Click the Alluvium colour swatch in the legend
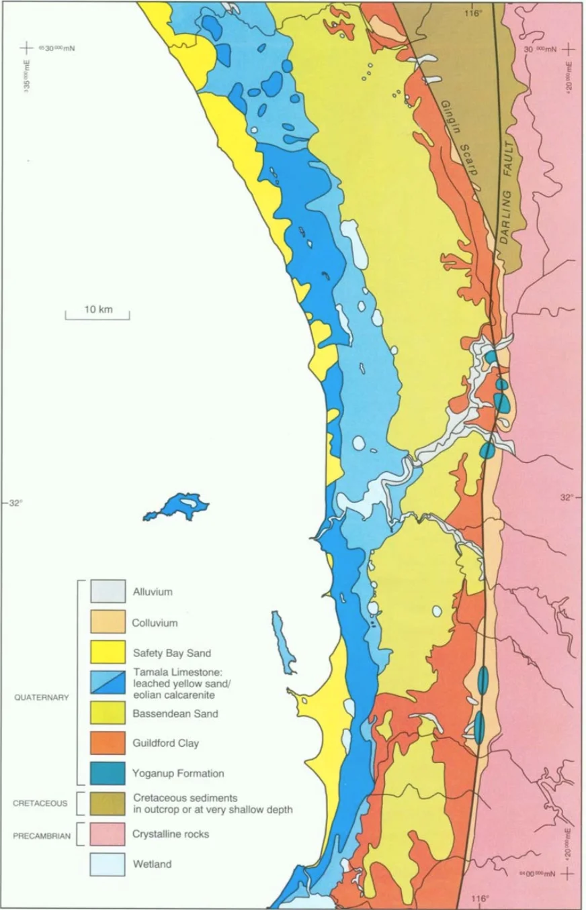(x=108, y=591)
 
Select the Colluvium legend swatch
(x=108, y=621)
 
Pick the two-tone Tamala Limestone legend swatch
(x=108, y=682)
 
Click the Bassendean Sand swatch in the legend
(x=108, y=713)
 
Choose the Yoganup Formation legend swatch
(x=108, y=773)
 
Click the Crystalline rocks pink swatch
(x=108, y=833)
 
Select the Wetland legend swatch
(x=108, y=864)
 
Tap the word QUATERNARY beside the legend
(x=42, y=697)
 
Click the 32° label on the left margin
(x=14, y=503)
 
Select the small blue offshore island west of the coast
(x=177, y=507)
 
